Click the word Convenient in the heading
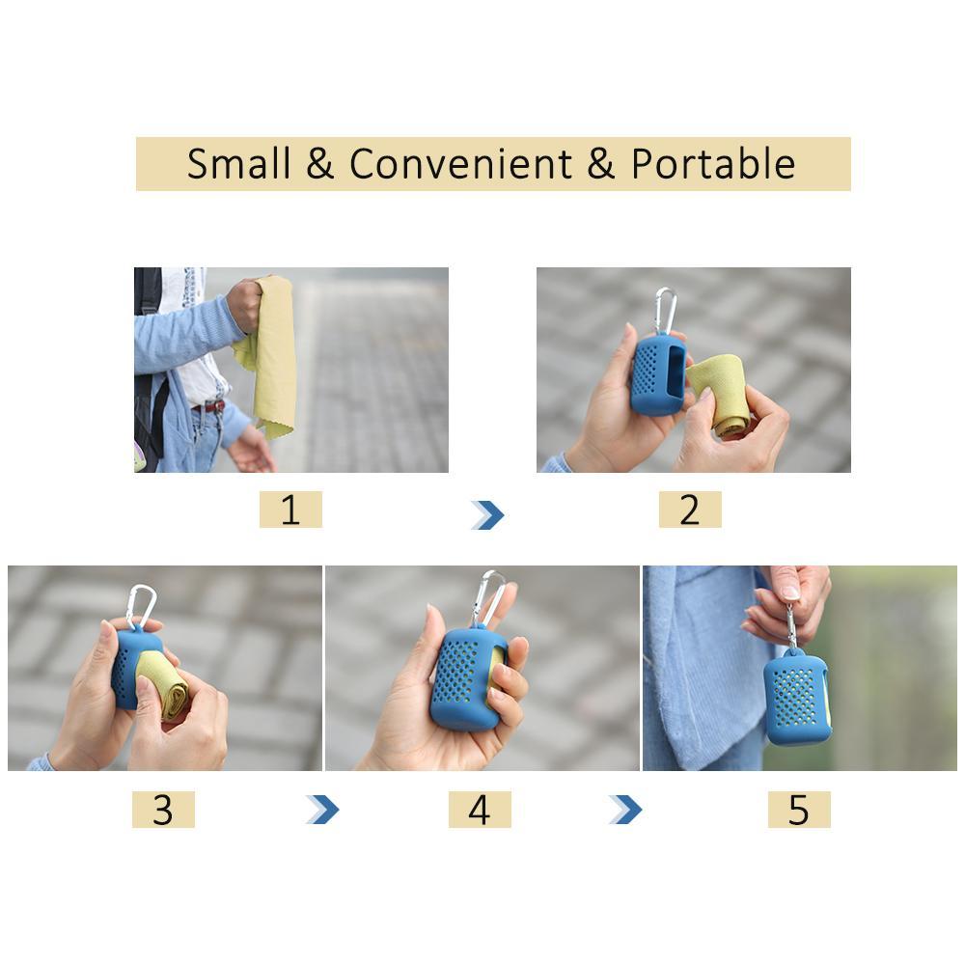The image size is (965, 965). click(460, 164)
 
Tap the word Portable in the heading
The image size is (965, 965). click(713, 164)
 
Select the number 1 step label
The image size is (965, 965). click(290, 510)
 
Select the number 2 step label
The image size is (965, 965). click(689, 510)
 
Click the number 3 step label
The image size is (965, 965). click(163, 810)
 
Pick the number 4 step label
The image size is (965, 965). click(479, 810)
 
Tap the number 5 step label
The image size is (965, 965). click(798, 810)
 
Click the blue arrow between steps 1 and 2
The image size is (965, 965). click(488, 515)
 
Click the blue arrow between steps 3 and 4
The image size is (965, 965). click(323, 809)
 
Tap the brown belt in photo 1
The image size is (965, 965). click(207, 407)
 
